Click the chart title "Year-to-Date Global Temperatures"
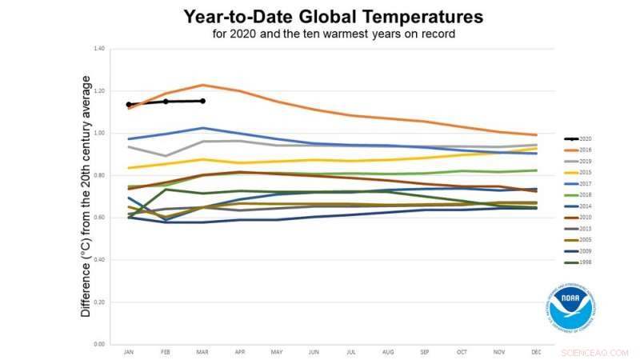[334, 17]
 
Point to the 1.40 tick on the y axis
[99, 49]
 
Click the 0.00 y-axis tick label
[99, 344]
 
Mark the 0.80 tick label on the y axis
[99, 175]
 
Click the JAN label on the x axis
[128, 351]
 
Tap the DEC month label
[536, 351]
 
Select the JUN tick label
[314, 351]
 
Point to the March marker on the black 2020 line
[202, 101]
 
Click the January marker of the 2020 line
[128, 104]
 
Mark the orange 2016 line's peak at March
[202, 85]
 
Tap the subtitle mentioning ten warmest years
[334, 34]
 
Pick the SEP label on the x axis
[425, 351]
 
